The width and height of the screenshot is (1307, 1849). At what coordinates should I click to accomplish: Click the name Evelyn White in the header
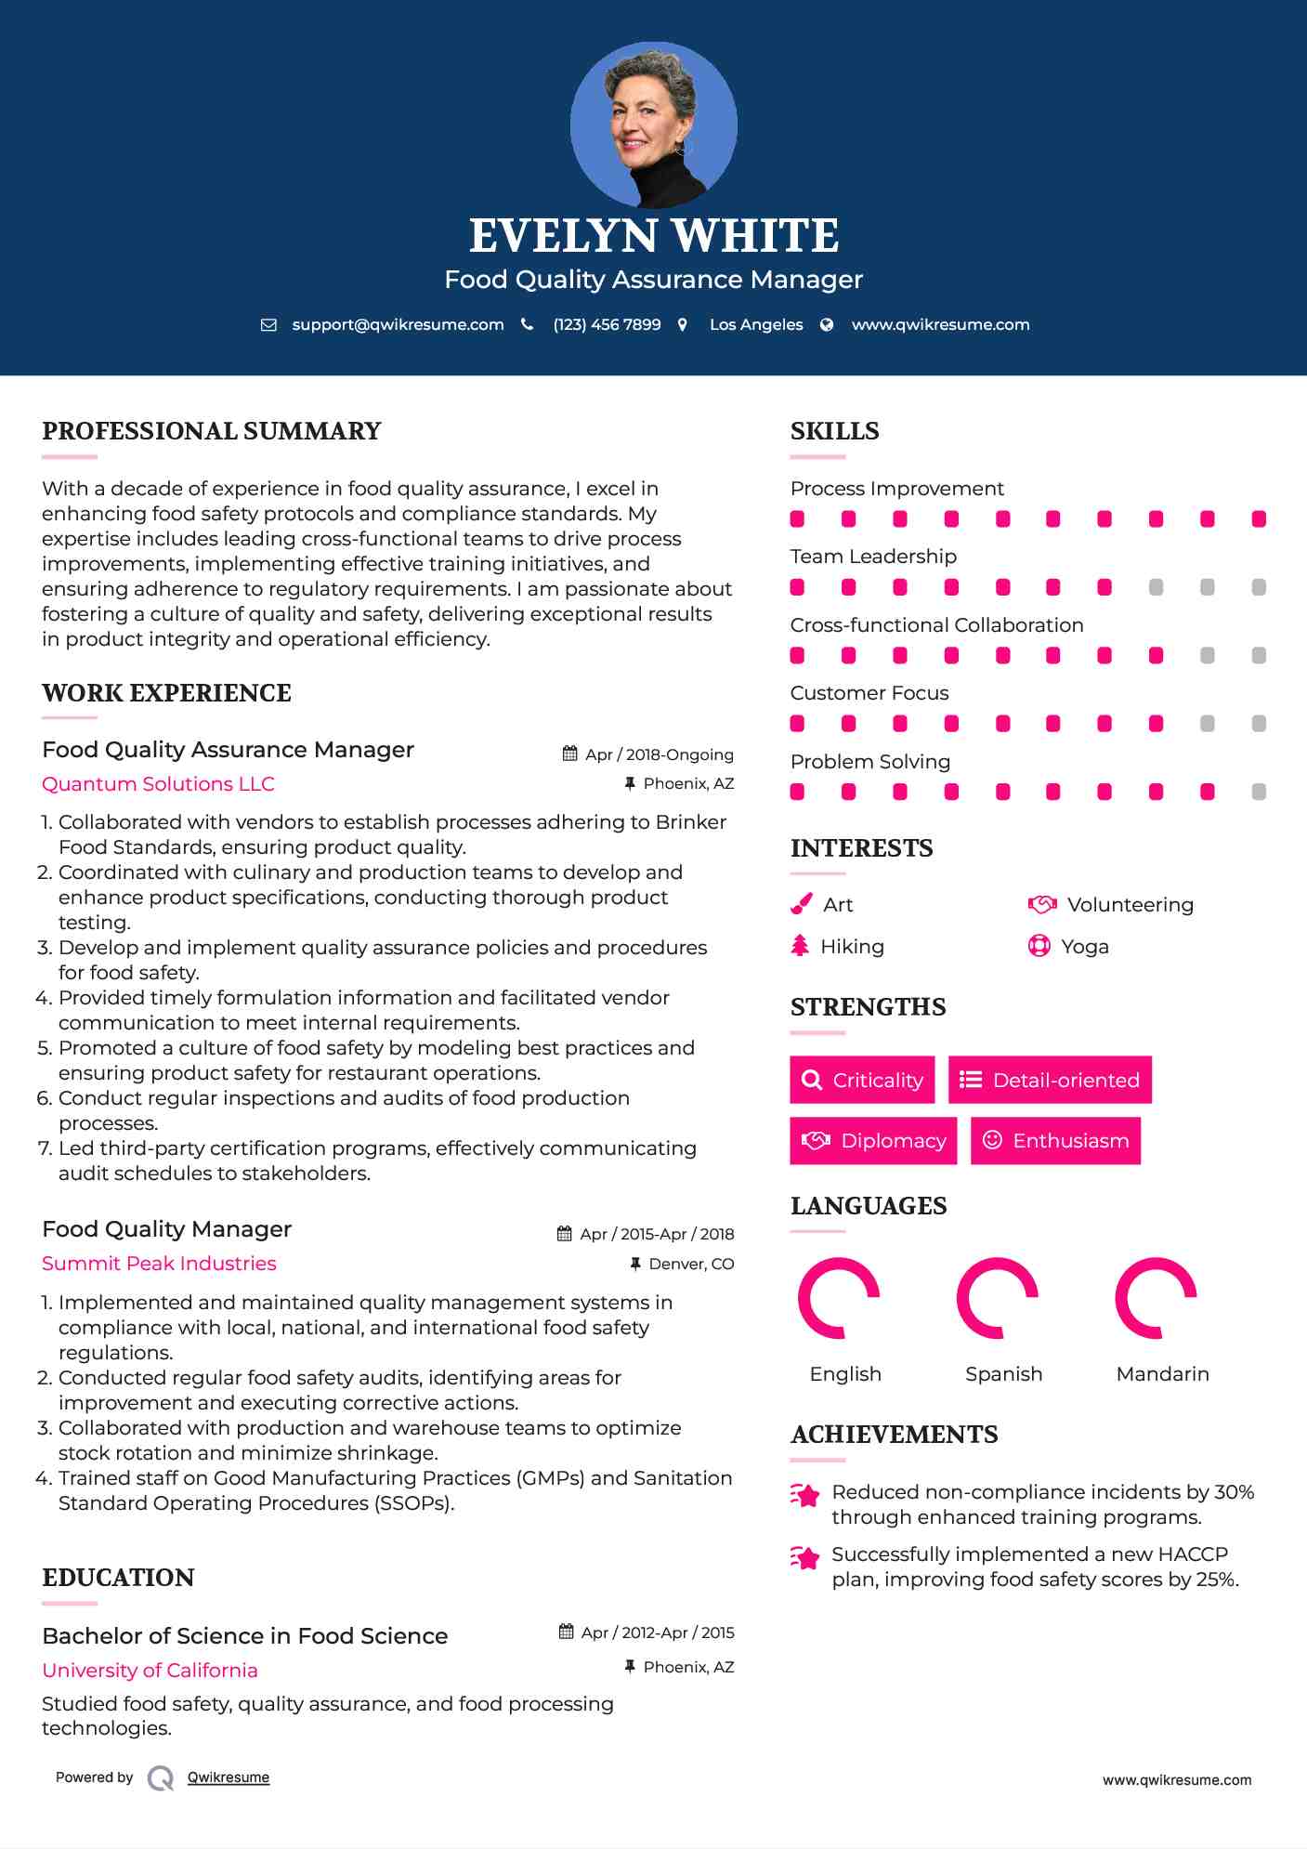pos(653,236)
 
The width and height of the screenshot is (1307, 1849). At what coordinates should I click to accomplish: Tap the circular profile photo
pos(653,125)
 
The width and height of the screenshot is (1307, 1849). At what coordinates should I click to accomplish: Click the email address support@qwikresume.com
pos(398,324)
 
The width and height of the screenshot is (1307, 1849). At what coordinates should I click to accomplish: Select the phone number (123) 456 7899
pos(607,324)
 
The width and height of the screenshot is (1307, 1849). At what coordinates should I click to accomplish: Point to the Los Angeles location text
pos(755,324)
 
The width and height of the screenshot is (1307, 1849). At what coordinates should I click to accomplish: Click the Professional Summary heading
pos(212,431)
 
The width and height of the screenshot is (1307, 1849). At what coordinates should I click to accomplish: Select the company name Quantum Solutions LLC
pos(158,784)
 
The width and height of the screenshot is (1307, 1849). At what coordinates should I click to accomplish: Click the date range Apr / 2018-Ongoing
pos(659,754)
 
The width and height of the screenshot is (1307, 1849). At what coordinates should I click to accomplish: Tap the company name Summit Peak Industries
pos(159,1264)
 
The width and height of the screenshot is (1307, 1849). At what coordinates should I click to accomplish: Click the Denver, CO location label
pos(691,1264)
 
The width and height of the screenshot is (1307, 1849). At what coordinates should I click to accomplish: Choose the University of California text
pos(150,1670)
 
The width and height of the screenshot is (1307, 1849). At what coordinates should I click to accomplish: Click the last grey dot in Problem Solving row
pos(1259,792)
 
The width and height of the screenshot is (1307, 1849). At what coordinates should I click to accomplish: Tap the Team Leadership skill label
pos(873,557)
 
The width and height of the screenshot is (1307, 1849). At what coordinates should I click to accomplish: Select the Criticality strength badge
pos(862,1080)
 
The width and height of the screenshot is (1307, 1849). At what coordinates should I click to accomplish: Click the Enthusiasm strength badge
pos(1055,1140)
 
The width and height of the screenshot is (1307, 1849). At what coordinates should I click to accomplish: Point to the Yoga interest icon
pos(1039,946)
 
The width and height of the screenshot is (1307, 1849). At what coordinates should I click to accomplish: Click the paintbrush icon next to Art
pos(801,904)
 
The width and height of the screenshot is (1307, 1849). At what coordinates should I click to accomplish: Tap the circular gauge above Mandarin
pos(1156,1298)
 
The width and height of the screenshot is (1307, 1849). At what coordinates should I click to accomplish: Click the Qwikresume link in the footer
pos(229,1777)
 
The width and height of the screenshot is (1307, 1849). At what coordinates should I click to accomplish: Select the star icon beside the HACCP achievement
pos(805,1557)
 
